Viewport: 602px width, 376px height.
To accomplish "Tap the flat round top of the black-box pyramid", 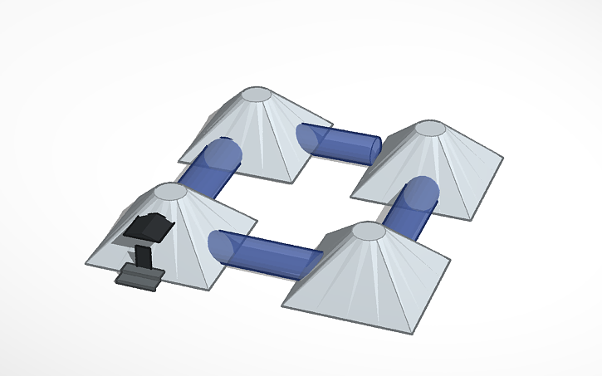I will pyautogui.click(x=171, y=192).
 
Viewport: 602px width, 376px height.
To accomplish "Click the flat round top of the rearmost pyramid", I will pyautogui.click(x=257, y=95).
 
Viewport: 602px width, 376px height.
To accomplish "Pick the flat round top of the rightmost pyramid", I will pyautogui.click(x=431, y=129).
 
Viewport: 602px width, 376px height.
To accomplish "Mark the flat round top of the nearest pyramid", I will pyautogui.click(x=370, y=231).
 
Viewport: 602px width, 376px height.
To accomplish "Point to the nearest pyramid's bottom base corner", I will pyautogui.click(x=412, y=333).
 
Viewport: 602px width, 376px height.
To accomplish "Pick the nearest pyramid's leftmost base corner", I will pyautogui.click(x=282, y=305).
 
